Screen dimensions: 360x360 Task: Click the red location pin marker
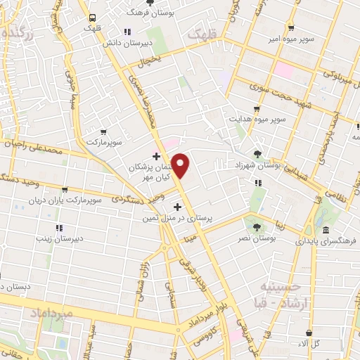pyautogui.click(x=181, y=166)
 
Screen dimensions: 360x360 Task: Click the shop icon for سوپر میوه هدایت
pyautogui.click(x=257, y=110)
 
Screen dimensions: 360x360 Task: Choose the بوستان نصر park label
pyautogui.click(x=275, y=239)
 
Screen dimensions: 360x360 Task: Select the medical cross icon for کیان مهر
pyautogui.click(x=156, y=155)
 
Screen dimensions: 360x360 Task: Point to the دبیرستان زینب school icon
pyautogui.click(x=59, y=228)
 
